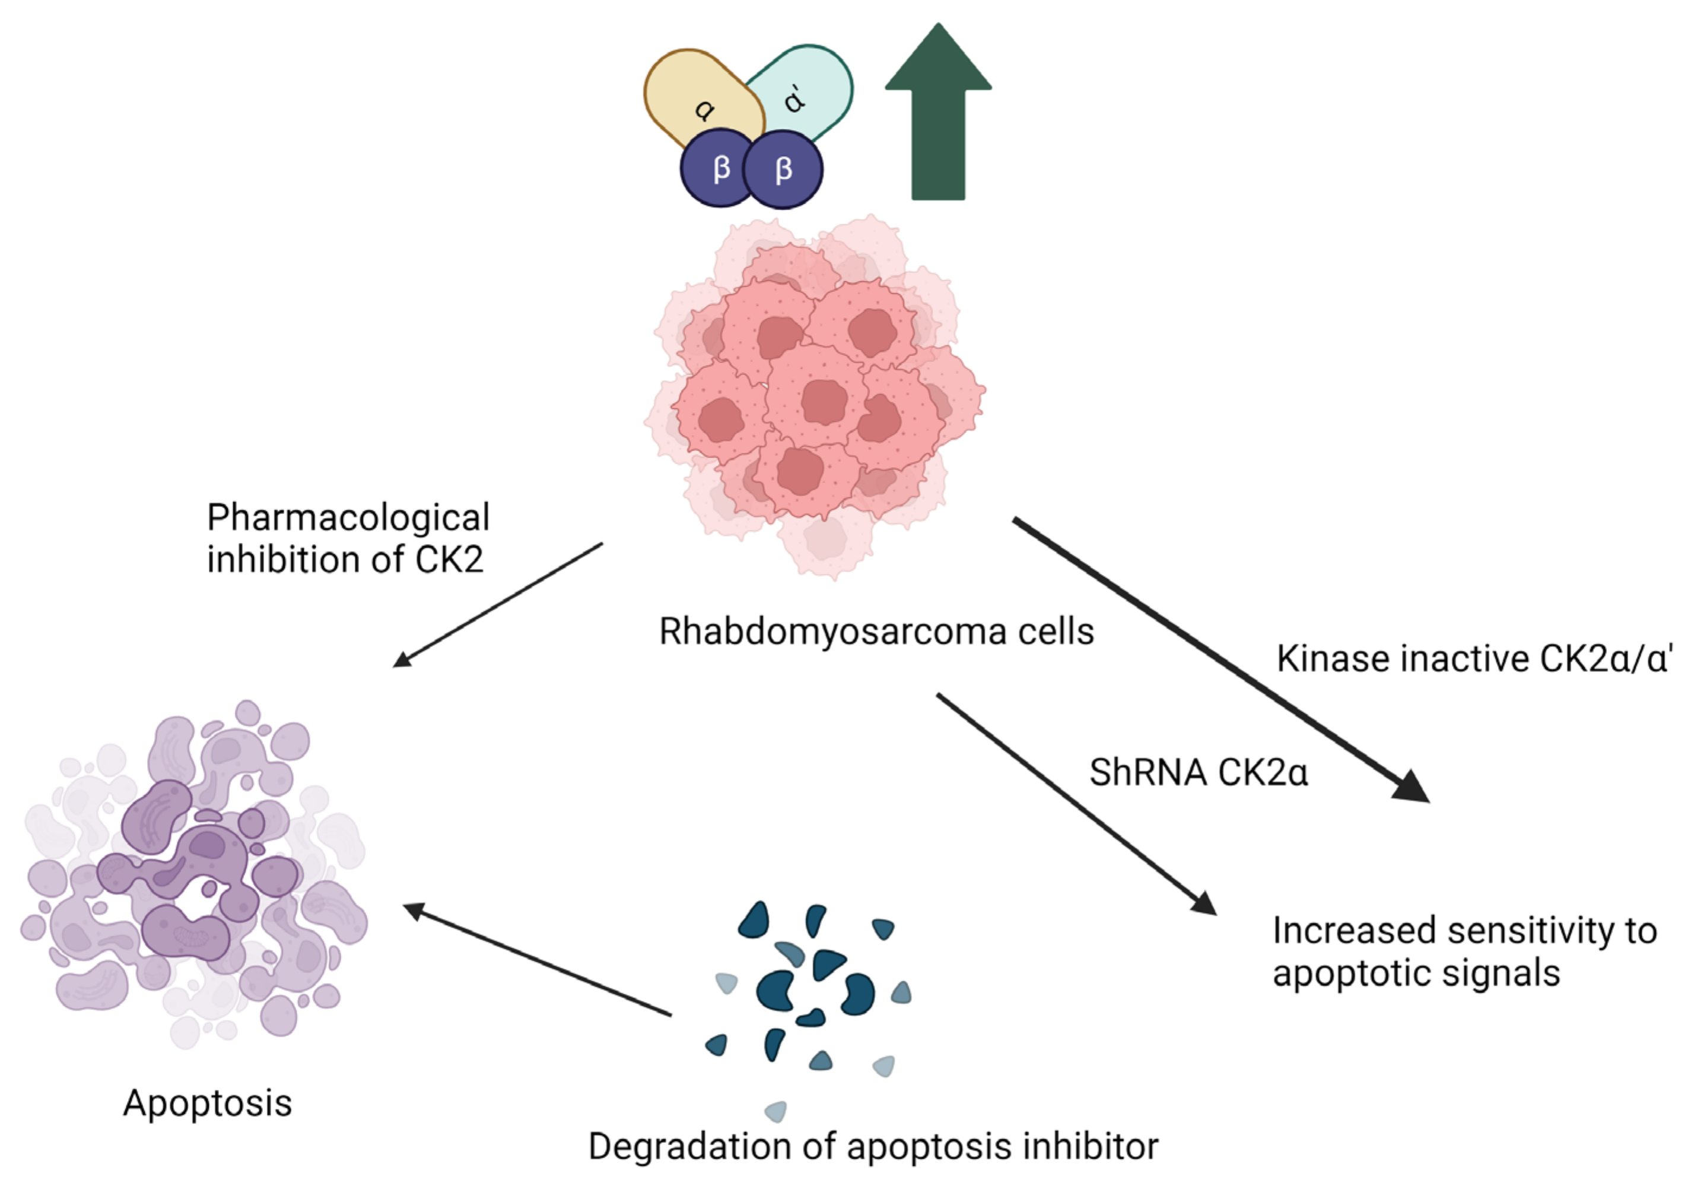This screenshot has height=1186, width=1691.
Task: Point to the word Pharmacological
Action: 348,518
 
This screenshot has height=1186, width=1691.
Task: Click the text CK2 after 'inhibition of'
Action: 449,560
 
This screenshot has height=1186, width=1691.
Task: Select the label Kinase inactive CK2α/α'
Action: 1474,658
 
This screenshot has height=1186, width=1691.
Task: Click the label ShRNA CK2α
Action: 1199,773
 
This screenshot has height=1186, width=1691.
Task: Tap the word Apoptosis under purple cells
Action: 208,1103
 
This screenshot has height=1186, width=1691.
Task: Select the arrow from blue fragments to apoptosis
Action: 538,960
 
